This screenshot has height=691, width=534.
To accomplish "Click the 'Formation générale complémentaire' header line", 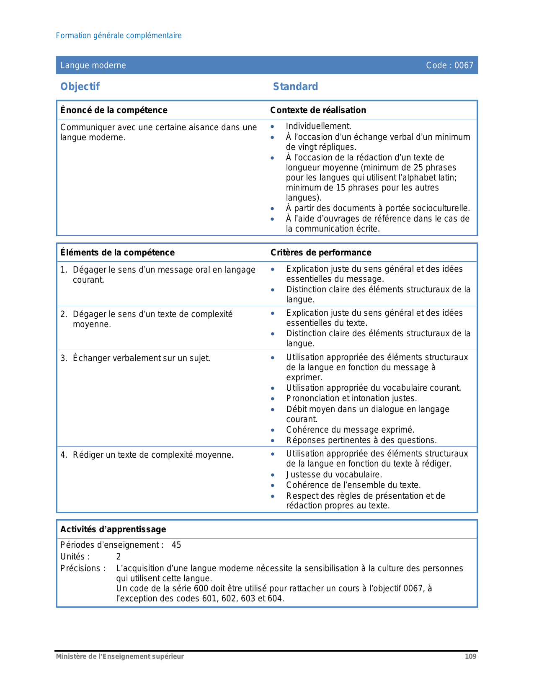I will [x=119, y=36].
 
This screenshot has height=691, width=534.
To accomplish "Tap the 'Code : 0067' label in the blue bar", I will [x=449, y=65].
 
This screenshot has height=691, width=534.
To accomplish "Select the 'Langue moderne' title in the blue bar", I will [x=93, y=65].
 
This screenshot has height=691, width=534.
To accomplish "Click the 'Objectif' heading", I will [x=80, y=87].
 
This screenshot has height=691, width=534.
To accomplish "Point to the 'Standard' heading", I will [x=295, y=87].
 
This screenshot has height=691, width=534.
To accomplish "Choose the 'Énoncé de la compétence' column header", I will [x=114, y=110].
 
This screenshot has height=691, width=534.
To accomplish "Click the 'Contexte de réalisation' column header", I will [x=318, y=110].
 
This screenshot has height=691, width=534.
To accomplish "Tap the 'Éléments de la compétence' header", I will [x=117, y=253].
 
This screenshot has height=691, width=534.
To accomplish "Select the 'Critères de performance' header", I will [x=321, y=253].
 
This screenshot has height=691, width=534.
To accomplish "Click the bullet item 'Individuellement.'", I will [x=318, y=126].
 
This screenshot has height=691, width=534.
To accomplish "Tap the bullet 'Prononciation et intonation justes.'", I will [x=351, y=398].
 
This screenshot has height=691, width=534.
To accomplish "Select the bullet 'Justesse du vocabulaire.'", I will [x=334, y=474].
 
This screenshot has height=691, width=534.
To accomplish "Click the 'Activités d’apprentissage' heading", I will [x=113, y=529].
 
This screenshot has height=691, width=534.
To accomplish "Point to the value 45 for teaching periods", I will [x=176, y=545].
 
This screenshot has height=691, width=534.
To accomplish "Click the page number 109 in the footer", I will [x=470, y=657].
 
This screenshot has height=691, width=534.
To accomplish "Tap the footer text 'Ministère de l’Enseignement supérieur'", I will [x=120, y=657].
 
